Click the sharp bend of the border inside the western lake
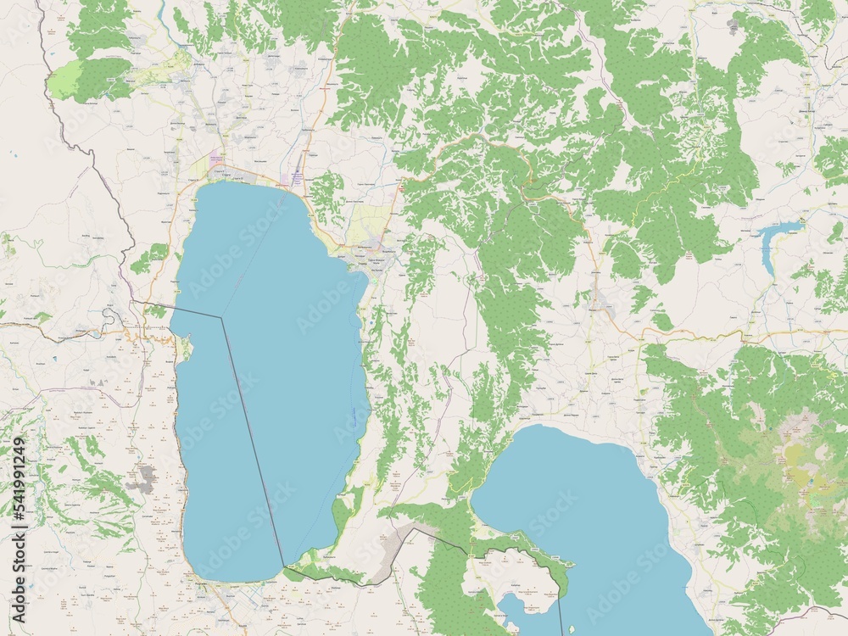[x=222, y=318]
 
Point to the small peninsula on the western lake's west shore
[x=182, y=349]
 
